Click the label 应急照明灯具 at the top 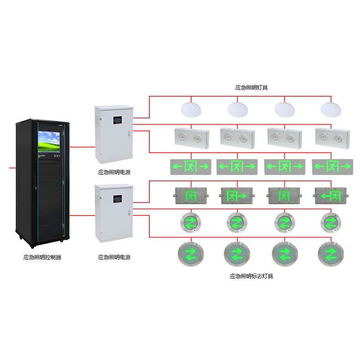coord(252,88)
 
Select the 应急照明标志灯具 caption coord(252,276)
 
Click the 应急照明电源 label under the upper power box coord(114,172)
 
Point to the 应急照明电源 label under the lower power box coord(114,257)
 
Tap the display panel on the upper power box coord(117,121)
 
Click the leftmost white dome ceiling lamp coord(191,108)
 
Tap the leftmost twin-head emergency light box coord(191,137)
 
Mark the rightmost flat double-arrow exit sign coord(332,166)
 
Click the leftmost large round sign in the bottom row coord(191,254)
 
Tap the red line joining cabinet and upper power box coord(83,146)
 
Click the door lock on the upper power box coord(130,133)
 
